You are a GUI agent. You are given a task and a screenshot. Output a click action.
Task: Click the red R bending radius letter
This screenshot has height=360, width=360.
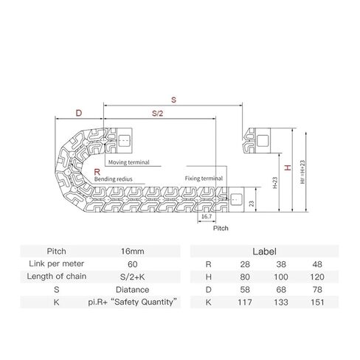pos(96,171)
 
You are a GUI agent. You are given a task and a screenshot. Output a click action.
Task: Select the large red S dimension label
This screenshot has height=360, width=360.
pos(173,97)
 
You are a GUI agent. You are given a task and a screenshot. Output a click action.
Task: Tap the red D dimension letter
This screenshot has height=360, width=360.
pos(77,113)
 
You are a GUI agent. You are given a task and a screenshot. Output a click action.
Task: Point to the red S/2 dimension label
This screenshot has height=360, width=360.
pos(157,113)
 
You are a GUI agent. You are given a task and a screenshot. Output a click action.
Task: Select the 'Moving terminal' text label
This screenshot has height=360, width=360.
pos(129,162)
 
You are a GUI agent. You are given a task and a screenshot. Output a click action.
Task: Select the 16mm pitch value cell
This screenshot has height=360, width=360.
pos(132,250)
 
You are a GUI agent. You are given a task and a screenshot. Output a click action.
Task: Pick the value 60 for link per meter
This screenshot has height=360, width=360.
pos(132,263)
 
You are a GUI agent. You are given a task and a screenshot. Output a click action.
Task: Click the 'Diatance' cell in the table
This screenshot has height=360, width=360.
pos(132,289)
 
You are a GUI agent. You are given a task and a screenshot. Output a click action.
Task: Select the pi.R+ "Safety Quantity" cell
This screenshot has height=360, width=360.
pos(132,302)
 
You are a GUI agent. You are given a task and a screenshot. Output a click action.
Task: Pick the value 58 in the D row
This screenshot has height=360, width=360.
pos(243,289)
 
